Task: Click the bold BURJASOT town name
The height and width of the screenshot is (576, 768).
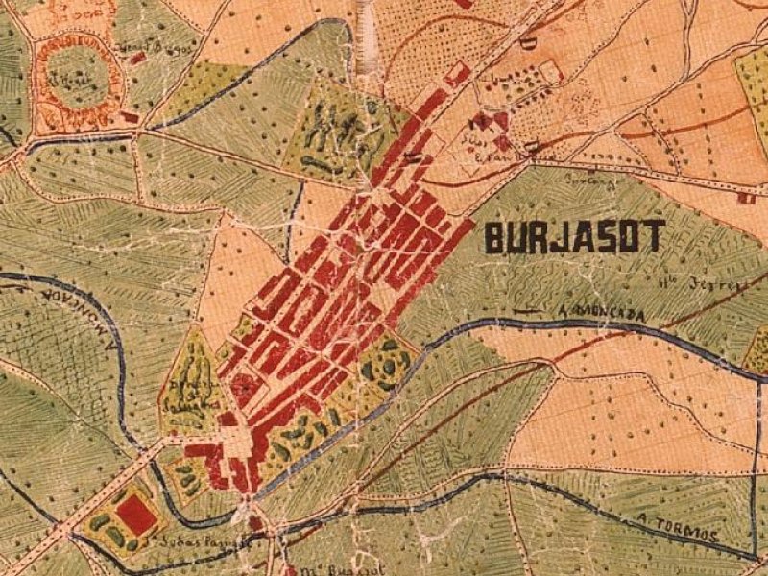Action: point(574,236)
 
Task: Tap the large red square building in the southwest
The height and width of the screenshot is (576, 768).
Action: point(136,515)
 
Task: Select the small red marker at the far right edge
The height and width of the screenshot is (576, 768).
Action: point(745,199)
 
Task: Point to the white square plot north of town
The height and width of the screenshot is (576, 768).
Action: point(549,72)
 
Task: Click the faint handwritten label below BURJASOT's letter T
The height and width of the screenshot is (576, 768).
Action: point(692,285)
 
